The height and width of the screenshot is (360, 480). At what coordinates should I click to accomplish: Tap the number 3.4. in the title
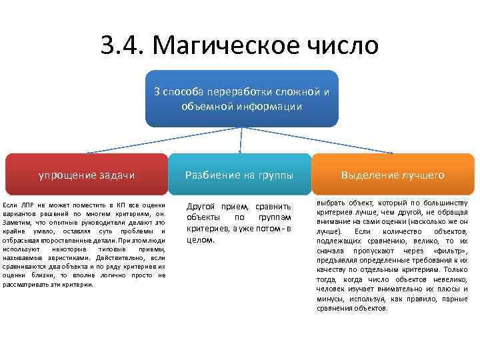tap(123, 45)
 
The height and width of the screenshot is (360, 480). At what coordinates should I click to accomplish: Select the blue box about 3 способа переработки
tap(241, 98)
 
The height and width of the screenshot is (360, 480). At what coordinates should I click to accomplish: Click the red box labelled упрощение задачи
tap(87, 175)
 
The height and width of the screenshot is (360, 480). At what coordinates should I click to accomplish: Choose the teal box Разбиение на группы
tap(239, 175)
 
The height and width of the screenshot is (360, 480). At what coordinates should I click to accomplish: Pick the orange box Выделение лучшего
tap(393, 175)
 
